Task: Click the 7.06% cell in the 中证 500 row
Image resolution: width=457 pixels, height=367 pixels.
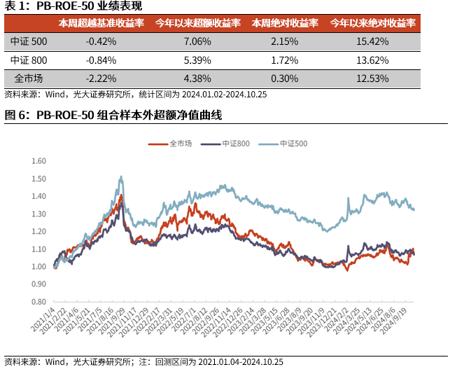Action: (190, 41)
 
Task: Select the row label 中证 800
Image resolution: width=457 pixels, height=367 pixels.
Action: (29, 60)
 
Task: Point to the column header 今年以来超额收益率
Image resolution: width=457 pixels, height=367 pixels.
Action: (189, 23)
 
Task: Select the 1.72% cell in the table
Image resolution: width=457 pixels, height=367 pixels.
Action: (283, 60)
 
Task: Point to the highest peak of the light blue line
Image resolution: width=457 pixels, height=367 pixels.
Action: (122, 176)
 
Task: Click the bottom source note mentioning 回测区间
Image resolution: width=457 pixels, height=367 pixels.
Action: (143, 361)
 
